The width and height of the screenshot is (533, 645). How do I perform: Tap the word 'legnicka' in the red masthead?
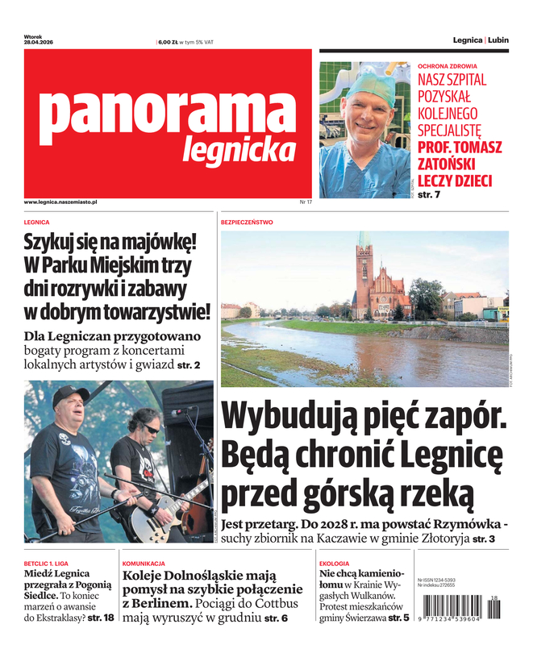(238, 149)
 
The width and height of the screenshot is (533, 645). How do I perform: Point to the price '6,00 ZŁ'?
(169, 42)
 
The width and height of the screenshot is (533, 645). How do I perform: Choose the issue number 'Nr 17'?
(306, 202)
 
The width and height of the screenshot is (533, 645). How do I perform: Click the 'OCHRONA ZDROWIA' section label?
(448, 66)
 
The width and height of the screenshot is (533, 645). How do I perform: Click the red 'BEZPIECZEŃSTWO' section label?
(247, 222)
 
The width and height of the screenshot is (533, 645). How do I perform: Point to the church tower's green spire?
(364, 240)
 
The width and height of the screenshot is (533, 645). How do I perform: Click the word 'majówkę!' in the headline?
(161, 241)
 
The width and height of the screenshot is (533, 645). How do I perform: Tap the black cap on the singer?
(69, 395)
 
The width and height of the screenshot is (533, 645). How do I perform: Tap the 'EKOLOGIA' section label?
(334, 563)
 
